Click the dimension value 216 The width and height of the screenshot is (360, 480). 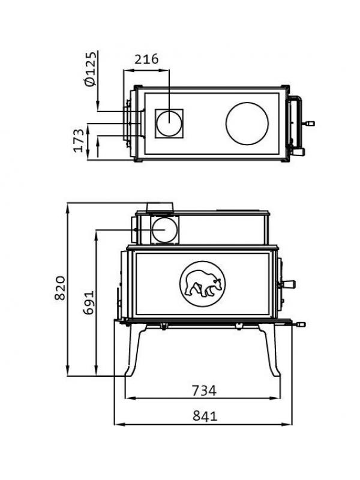coord(146,59)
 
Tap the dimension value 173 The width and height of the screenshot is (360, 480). coord(79,140)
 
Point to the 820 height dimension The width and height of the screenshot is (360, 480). coord(60,288)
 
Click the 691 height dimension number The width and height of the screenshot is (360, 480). coord(89,303)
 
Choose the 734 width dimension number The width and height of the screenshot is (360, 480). coord(204,391)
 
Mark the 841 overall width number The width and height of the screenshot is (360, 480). coord(205,416)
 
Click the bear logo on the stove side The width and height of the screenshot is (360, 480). coord(202,284)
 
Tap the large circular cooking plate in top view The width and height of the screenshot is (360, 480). coord(247,124)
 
